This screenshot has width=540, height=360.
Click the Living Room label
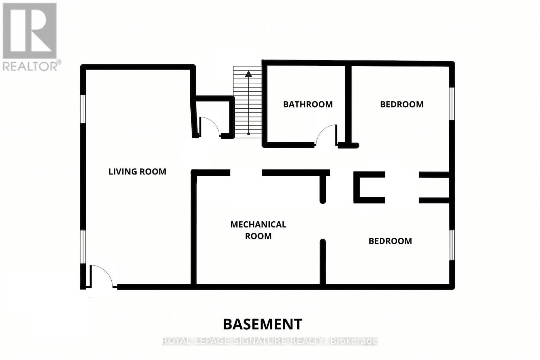click(x=137, y=172)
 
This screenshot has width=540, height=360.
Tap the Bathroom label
click(x=308, y=104)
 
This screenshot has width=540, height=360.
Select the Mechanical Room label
click(x=258, y=230)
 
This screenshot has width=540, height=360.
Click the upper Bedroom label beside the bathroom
click(x=402, y=104)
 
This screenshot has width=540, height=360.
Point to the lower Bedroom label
click(x=390, y=241)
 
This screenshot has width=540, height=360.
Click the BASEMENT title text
click(x=263, y=324)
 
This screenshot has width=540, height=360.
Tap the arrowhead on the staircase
click(x=248, y=74)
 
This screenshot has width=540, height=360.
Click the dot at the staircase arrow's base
click(x=248, y=134)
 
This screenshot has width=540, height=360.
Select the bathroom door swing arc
click(x=324, y=132)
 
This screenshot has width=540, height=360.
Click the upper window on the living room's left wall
click(x=83, y=109)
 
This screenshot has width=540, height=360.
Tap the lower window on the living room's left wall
click(x=83, y=247)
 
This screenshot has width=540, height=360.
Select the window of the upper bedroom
click(x=452, y=104)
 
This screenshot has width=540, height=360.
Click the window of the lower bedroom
click(x=452, y=245)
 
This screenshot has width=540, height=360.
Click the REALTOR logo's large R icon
click(x=30, y=31)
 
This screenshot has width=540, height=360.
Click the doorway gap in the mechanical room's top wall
click(x=246, y=172)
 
